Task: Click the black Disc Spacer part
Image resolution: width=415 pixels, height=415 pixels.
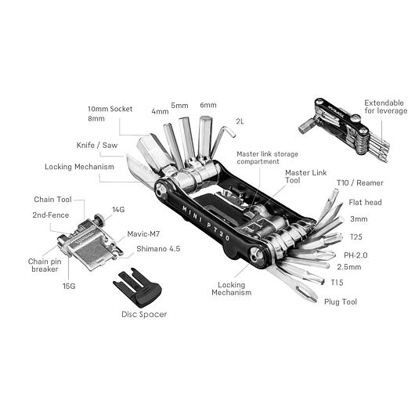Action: pyautogui.click(x=138, y=288)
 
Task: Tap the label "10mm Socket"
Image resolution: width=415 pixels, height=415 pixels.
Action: pyautogui.click(x=110, y=109)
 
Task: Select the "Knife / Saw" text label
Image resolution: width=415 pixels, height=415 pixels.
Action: pyautogui.click(x=97, y=145)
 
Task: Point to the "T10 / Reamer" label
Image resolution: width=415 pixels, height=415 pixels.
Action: pyautogui.click(x=359, y=183)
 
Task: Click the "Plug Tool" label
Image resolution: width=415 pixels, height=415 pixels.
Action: pyautogui.click(x=341, y=301)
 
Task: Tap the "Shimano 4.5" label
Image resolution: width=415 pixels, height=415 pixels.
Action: pyautogui.click(x=158, y=249)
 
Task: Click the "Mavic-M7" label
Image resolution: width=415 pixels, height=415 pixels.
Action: pyautogui.click(x=143, y=234)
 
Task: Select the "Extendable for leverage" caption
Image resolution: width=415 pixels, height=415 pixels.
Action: pyautogui.click(x=385, y=106)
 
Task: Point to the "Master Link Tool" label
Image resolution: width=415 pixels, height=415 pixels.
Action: pyautogui.click(x=305, y=176)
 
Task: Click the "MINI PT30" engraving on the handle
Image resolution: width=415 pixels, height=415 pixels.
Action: pyautogui.click(x=206, y=223)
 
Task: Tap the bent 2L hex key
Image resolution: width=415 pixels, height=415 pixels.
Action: pyautogui.click(x=222, y=140)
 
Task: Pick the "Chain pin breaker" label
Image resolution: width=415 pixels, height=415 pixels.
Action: pyautogui.click(x=45, y=265)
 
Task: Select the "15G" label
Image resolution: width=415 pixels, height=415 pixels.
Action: pyautogui.click(x=69, y=286)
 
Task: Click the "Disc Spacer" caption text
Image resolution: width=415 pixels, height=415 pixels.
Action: pyautogui.click(x=144, y=315)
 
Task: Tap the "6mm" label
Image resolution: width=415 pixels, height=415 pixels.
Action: pyautogui.click(x=208, y=105)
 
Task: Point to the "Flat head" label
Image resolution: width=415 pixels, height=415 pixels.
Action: pyautogui.click(x=365, y=203)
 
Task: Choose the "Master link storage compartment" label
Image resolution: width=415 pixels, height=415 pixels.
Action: pyautogui.click(x=267, y=157)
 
